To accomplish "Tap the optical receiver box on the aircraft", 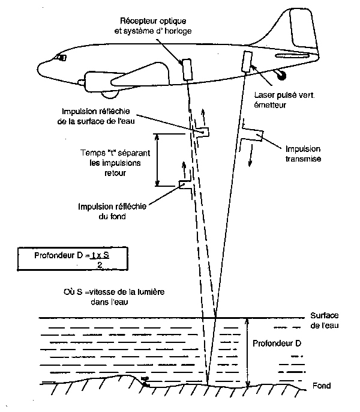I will coord(187,68).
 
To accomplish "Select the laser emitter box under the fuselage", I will coord(247,61).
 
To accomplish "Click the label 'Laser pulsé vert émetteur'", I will coord(277,100).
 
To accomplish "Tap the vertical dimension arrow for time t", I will coord(158,160).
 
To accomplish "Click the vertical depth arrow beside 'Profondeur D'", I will coord(247,351).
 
